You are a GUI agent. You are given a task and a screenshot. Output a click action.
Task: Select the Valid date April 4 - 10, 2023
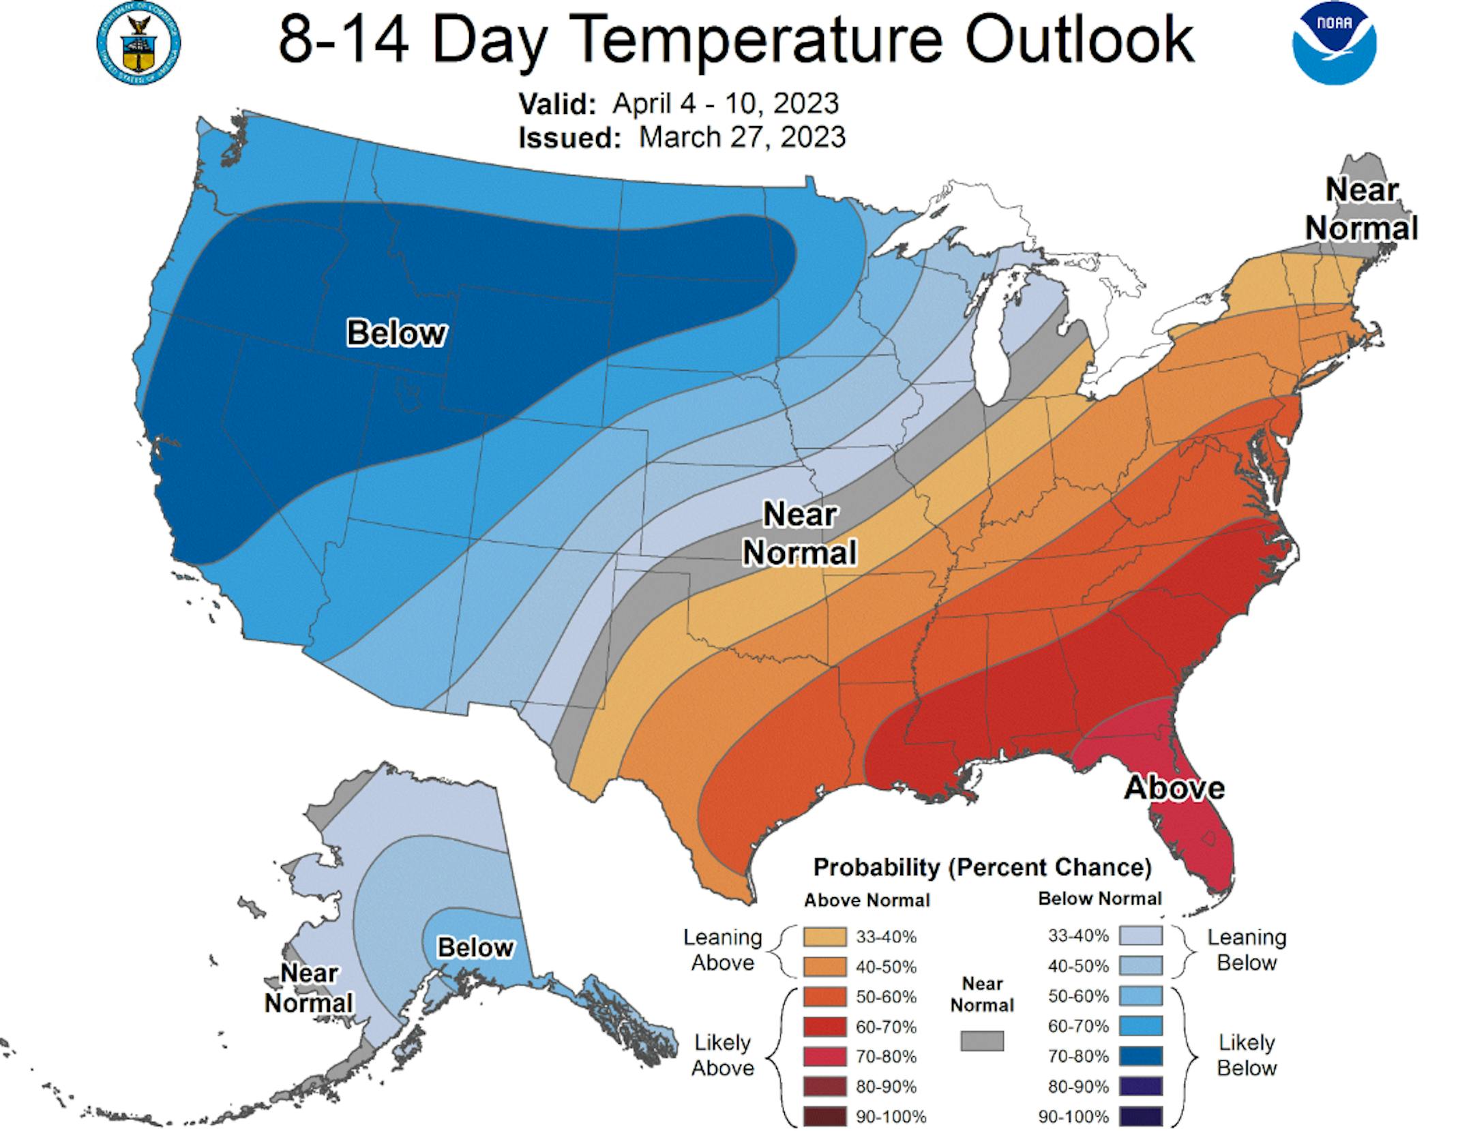click(725, 104)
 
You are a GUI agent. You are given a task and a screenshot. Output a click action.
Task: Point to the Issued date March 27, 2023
click(742, 137)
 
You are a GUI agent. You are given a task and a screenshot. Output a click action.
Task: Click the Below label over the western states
click(396, 333)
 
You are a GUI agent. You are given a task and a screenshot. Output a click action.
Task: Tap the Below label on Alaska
click(475, 947)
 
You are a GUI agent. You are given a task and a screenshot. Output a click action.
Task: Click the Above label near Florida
click(1174, 787)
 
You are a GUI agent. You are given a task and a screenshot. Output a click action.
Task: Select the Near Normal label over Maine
click(1362, 209)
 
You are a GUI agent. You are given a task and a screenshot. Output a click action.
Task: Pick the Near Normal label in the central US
click(799, 533)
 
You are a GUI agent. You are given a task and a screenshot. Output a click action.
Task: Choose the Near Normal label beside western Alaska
click(309, 988)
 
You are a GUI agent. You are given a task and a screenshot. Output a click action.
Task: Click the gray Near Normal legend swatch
click(982, 1040)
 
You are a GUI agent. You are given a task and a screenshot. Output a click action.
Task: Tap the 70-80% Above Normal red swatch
click(824, 1057)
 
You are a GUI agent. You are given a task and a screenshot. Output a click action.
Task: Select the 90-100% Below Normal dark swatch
click(1140, 1117)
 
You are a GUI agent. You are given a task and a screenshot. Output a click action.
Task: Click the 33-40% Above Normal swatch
click(824, 937)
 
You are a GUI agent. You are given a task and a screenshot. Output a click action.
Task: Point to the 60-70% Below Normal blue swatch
click(1140, 1026)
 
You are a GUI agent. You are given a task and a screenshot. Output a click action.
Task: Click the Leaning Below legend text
click(1247, 950)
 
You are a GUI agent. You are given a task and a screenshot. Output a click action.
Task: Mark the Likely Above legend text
click(722, 1055)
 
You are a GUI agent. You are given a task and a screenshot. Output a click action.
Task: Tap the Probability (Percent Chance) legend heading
click(982, 867)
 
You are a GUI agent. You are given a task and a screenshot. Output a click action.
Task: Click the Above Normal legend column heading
click(867, 901)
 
